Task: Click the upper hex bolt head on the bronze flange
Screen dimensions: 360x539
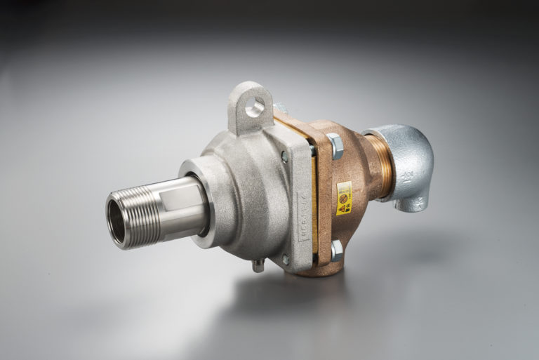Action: coord(334,146)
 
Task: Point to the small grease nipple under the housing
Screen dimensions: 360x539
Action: coord(258,265)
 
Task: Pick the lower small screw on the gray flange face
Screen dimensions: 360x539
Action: coord(285,260)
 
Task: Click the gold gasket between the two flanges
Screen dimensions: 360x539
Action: coord(313,189)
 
